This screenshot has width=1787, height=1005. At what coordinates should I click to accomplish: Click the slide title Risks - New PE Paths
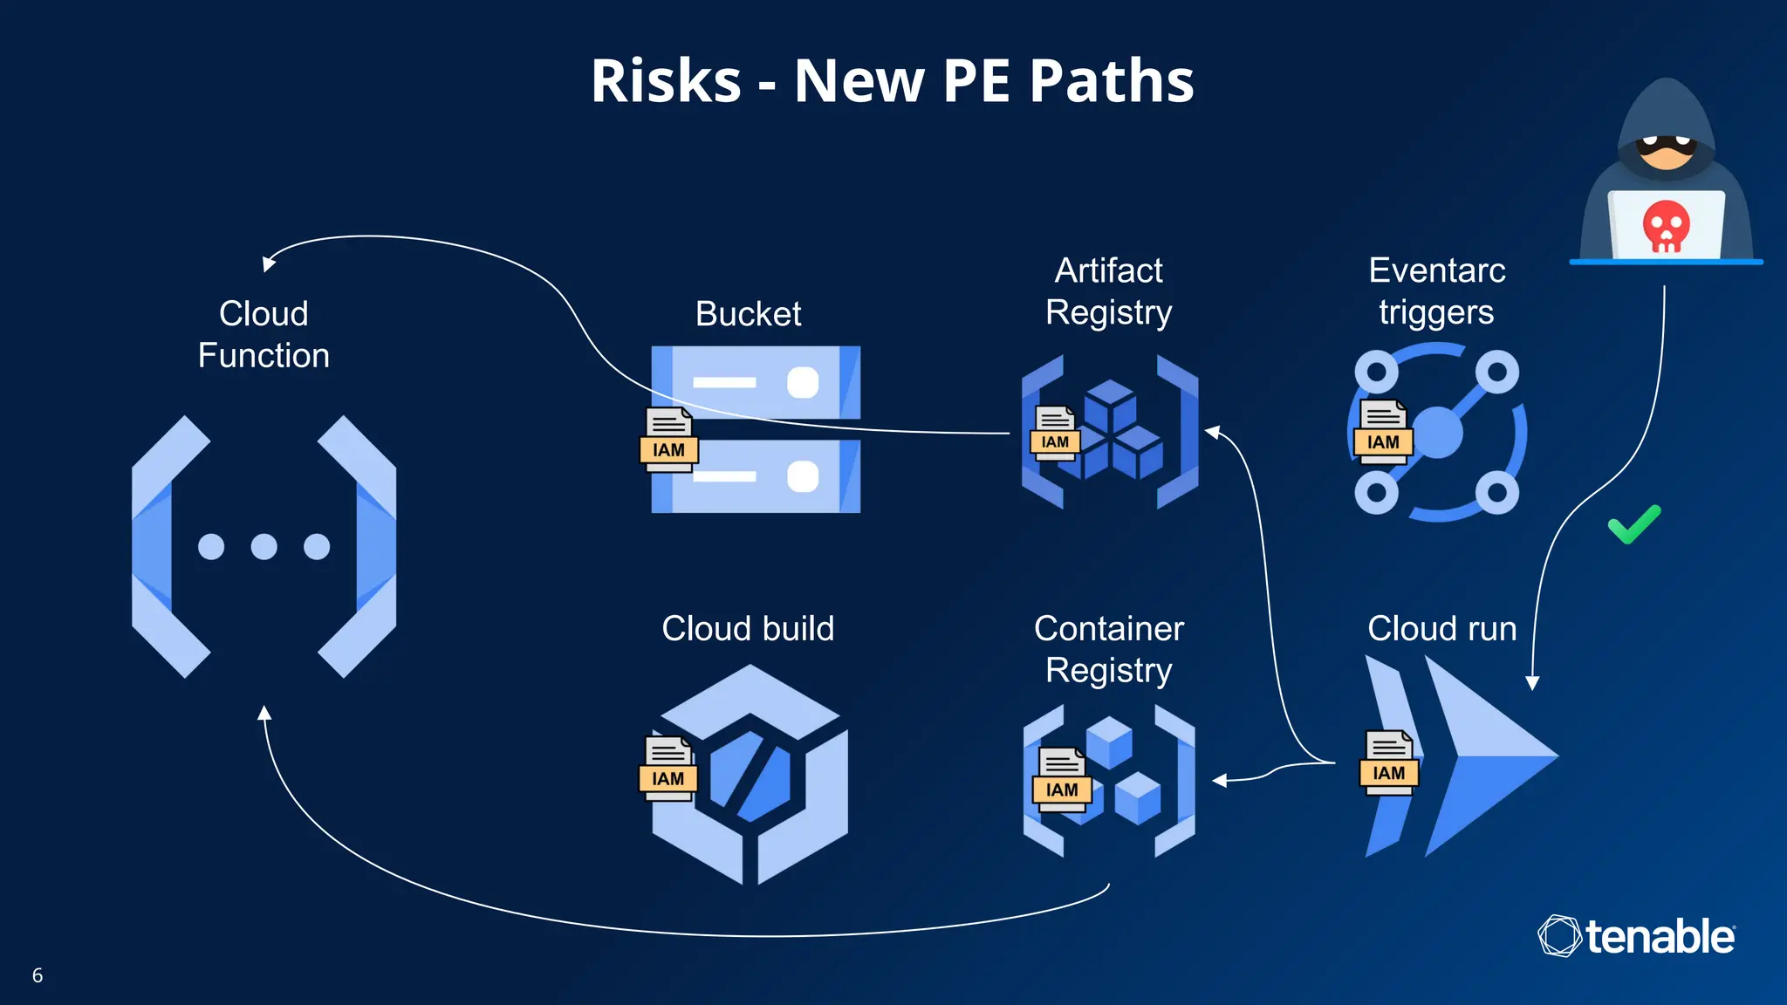coord(892,80)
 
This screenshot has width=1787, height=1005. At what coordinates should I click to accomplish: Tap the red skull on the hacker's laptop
coord(1666,226)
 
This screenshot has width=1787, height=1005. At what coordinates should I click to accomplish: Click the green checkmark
coord(1634,524)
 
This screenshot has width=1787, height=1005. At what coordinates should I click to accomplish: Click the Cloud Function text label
coord(264,335)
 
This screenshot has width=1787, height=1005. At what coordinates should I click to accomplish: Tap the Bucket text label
coord(748,314)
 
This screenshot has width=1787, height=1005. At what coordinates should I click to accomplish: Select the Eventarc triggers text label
coord(1436,291)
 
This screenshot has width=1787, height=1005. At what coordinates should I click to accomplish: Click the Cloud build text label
coord(748,629)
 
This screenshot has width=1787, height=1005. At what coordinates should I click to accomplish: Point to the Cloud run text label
coord(1441,629)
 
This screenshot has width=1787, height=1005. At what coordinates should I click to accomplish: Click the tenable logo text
coord(1659,937)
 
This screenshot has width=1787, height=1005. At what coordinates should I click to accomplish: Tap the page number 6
coord(38,975)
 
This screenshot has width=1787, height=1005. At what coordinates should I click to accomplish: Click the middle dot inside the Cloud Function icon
coord(264,547)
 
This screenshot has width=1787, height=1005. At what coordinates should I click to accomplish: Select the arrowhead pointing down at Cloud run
coord(1532,682)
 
